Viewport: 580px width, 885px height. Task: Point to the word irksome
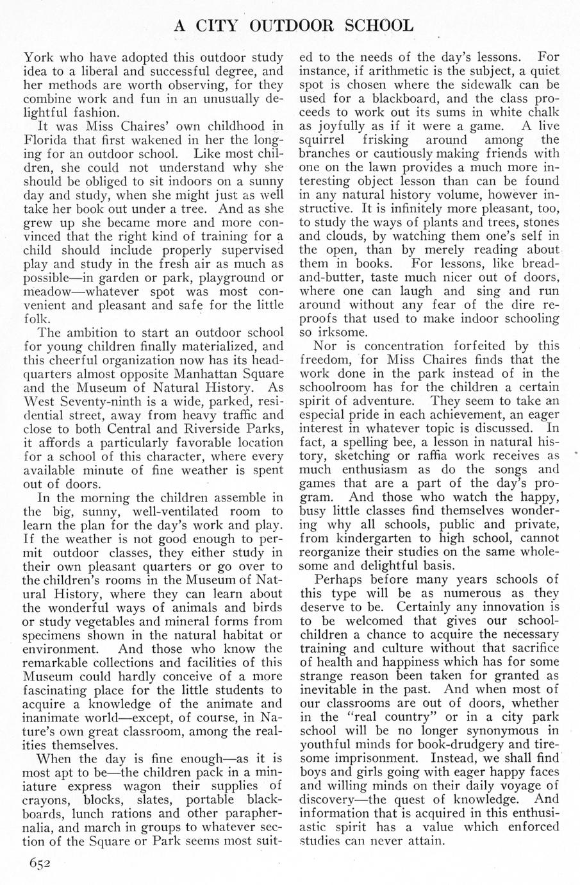pyautogui.click(x=333, y=333)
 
